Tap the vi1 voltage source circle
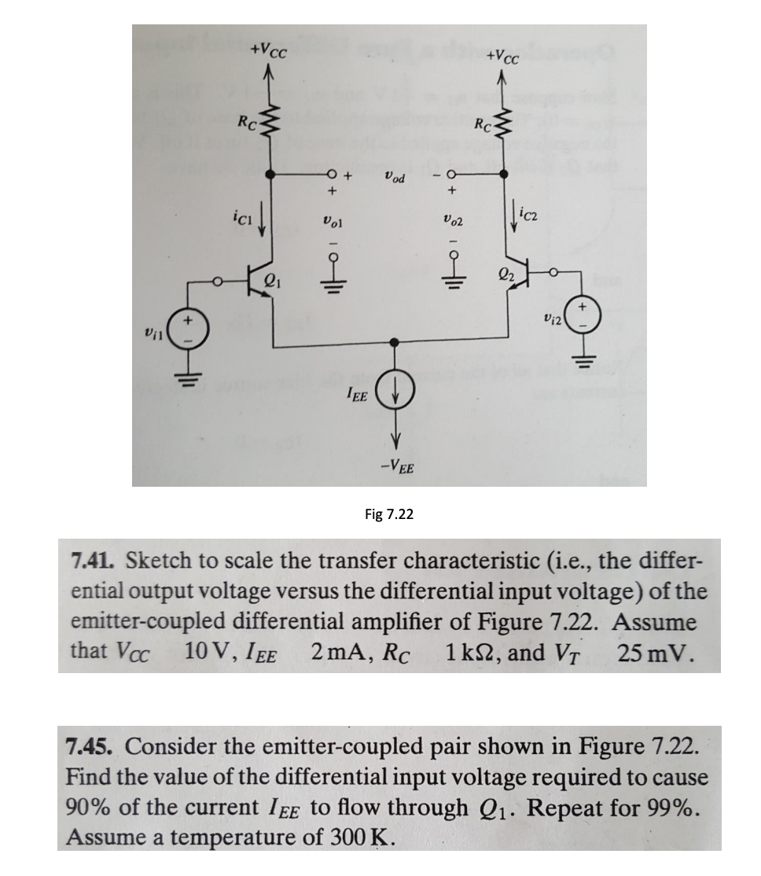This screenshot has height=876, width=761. pyautogui.click(x=189, y=330)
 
